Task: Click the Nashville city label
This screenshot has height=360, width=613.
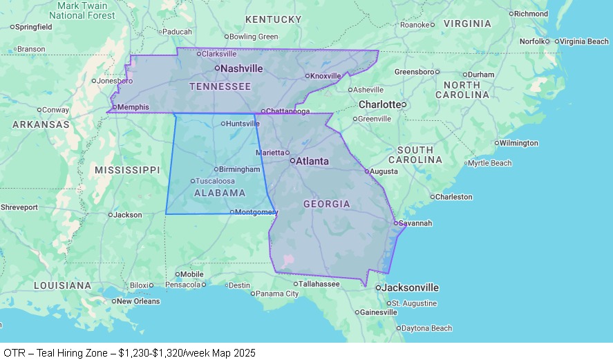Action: pos(242,68)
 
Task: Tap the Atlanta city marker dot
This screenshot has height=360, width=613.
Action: pos(292,160)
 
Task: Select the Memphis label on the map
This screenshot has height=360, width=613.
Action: pos(133,107)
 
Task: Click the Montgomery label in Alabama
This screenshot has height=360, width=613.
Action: pos(256,212)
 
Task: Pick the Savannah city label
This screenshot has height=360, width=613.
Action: pos(415,223)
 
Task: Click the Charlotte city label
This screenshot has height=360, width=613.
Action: pos(379,104)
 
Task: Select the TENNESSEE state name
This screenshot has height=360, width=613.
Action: pos(220,86)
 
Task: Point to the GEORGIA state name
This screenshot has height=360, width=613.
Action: pos(326,204)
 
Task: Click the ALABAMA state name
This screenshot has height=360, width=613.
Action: pos(219,193)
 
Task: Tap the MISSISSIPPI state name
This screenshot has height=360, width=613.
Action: pos(127,170)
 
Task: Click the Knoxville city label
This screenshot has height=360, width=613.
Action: pos(326,76)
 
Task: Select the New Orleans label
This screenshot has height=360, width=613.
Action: pos(139,301)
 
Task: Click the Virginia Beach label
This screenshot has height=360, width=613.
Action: pos(584,41)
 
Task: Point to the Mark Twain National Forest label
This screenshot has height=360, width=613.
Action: pos(86,10)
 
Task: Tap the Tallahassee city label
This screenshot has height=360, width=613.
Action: pos(319,283)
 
